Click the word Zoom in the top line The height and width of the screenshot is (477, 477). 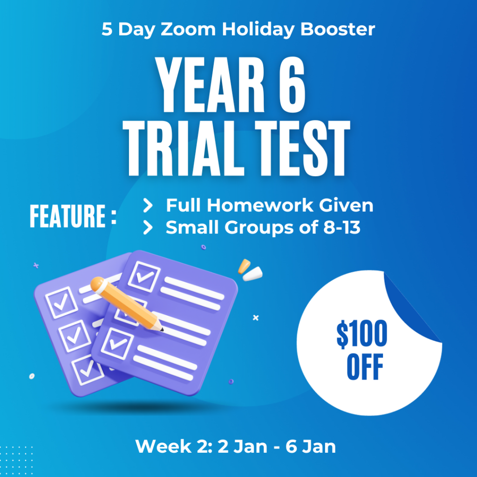[x=188, y=29]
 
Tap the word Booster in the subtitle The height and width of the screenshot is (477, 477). [x=337, y=29]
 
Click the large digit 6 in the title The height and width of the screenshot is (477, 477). [x=292, y=85]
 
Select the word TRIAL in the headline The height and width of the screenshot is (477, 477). [x=184, y=148]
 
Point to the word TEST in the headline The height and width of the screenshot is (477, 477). [x=302, y=148]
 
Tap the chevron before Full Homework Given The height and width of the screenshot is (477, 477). [x=148, y=205]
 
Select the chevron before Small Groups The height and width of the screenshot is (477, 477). [x=148, y=227]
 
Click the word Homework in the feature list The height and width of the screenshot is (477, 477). [x=260, y=205]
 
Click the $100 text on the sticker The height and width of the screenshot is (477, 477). [x=361, y=334]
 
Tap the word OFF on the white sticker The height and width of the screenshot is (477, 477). [x=365, y=367]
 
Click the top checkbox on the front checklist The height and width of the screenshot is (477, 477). [x=144, y=276]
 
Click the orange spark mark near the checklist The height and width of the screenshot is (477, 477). [x=244, y=266]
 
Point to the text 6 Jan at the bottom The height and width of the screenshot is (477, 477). [x=310, y=446]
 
